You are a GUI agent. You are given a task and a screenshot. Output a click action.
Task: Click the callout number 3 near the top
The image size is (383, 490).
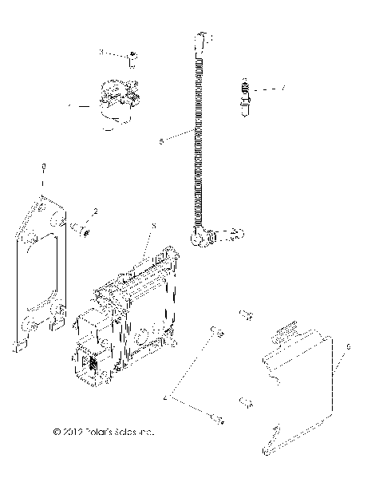click(x=101, y=52)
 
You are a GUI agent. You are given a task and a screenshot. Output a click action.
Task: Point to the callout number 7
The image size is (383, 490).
click(x=282, y=87)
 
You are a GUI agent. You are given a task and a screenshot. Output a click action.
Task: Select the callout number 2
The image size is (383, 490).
click(x=95, y=212)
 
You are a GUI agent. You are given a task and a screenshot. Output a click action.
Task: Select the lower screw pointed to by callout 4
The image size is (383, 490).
click(x=213, y=416)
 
